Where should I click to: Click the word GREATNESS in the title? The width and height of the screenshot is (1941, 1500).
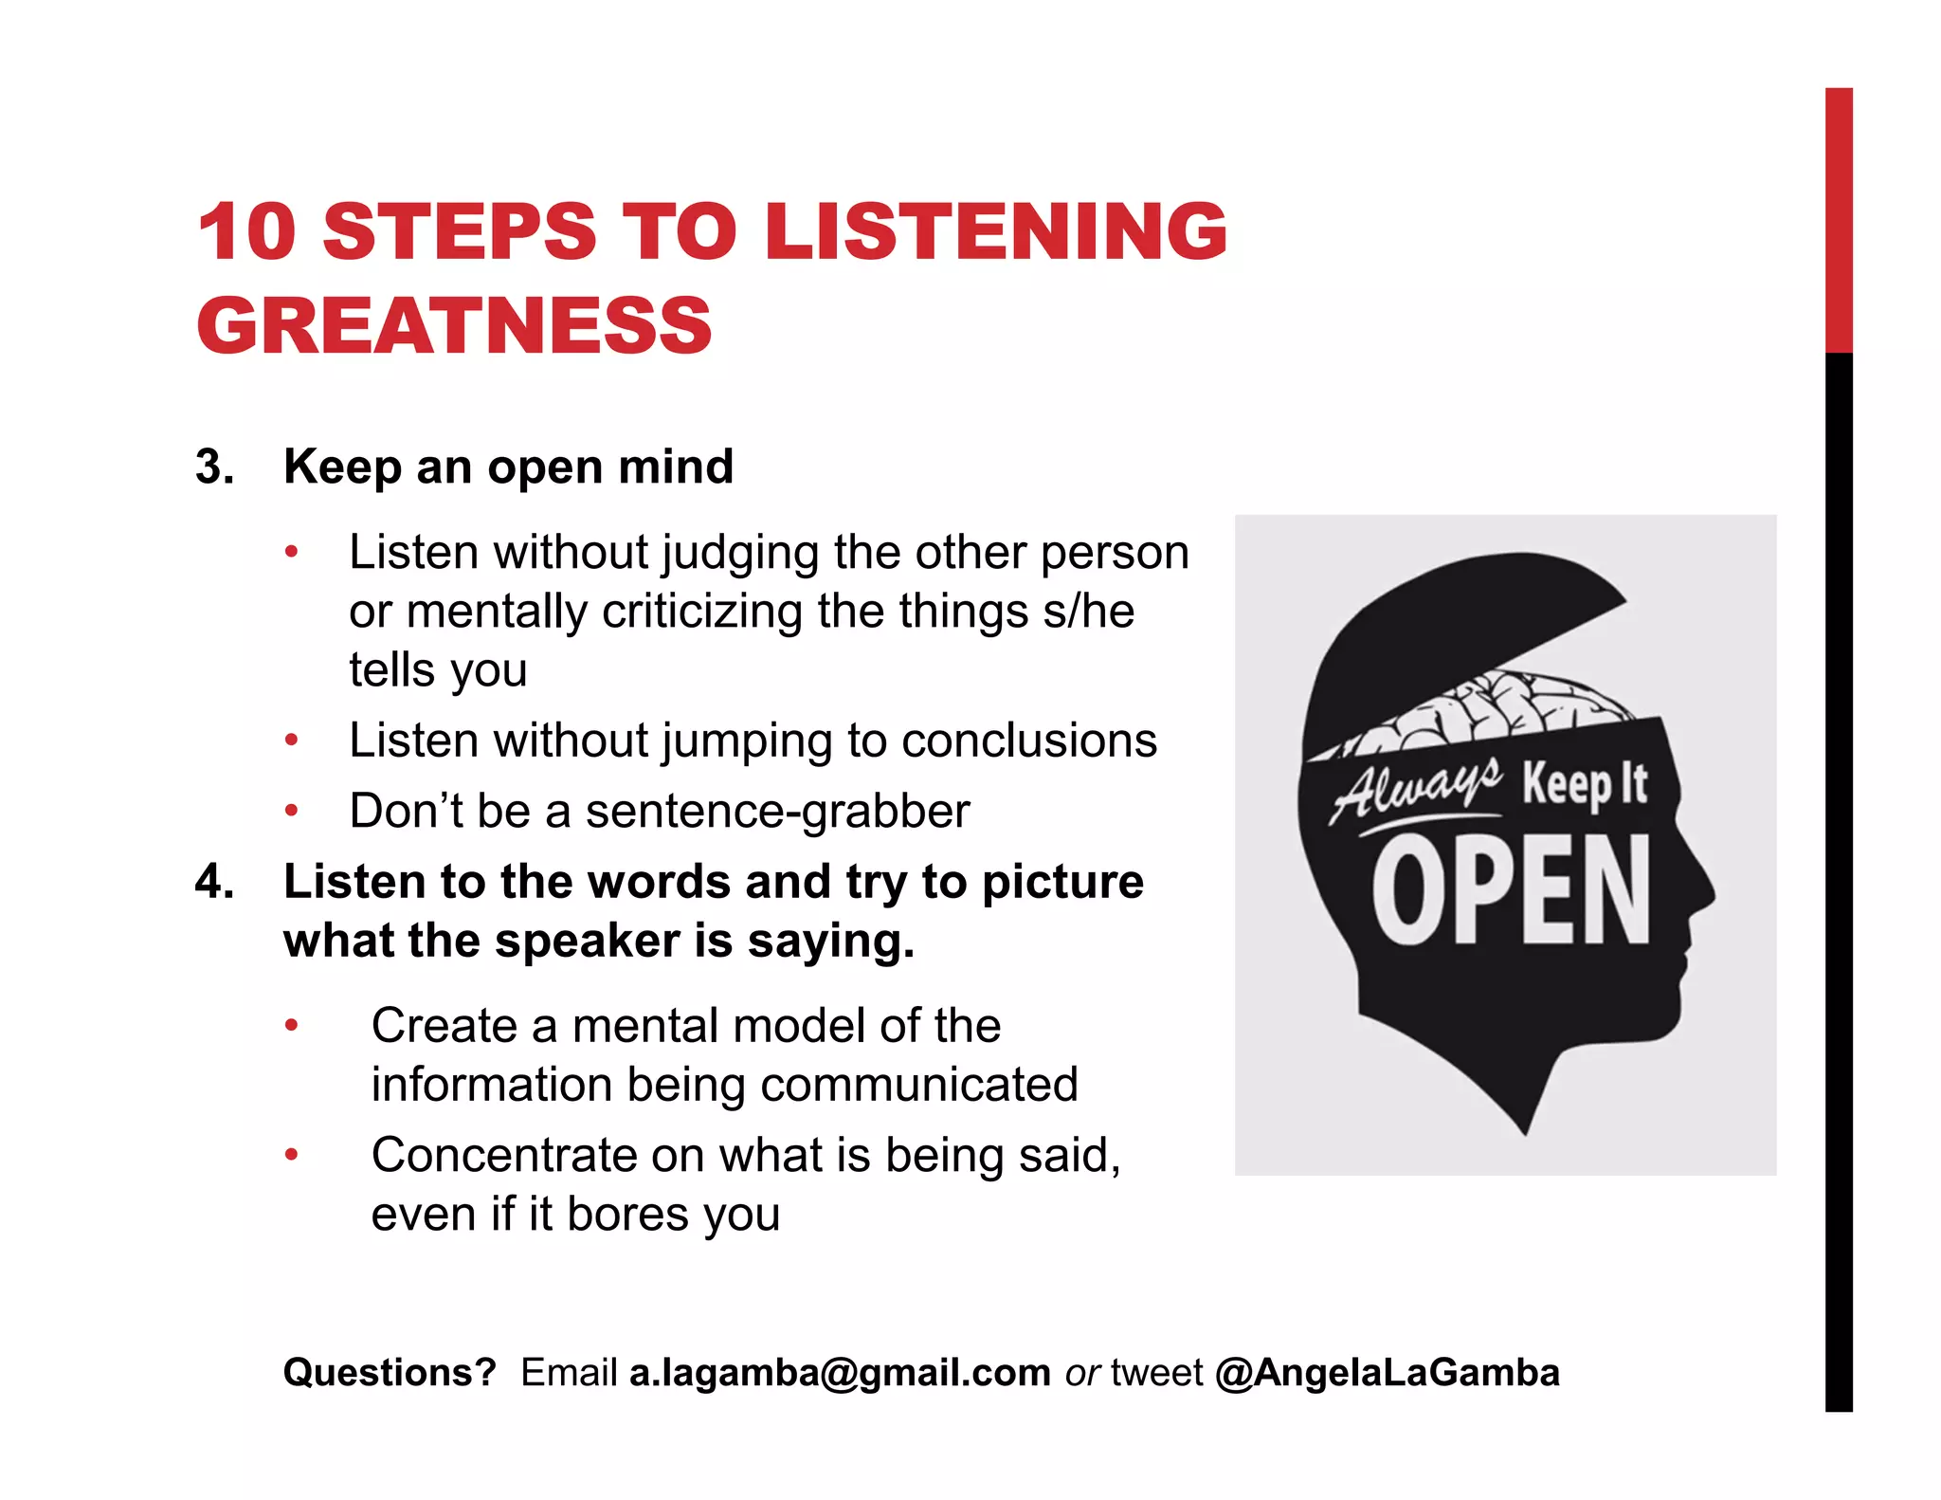tap(453, 325)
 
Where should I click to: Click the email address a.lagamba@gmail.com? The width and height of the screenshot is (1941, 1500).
tap(840, 1373)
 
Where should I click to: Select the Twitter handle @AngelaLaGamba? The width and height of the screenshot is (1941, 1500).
tap(1387, 1373)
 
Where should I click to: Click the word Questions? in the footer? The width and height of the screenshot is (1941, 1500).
tap(390, 1373)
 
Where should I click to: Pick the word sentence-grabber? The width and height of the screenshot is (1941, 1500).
tap(777, 812)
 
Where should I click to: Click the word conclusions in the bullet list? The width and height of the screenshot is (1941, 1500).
tap(1029, 741)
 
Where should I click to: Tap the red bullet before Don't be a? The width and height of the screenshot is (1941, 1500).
tap(292, 811)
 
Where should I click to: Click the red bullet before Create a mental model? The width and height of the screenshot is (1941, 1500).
tap(292, 1025)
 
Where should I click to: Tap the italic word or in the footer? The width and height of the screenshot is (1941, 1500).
tap(1081, 1373)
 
